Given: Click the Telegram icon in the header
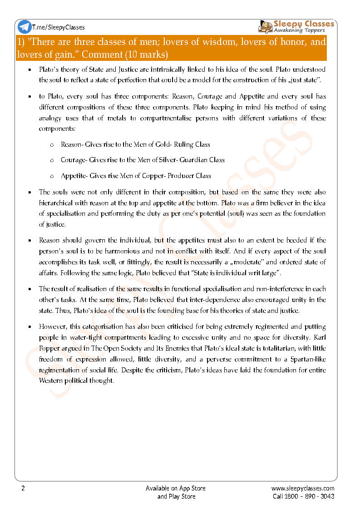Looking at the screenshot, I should pyautogui.click(x=25, y=27).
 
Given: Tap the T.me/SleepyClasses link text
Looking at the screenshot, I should pyautogui.click(x=59, y=27).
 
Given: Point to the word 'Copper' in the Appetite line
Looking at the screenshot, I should pyautogui.click(x=159, y=176).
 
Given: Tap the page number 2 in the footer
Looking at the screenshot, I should pyautogui.click(x=23, y=488).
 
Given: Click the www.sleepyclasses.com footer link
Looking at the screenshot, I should pyautogui.click(x=303, y=488).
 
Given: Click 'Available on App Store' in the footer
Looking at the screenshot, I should pyautogui.click(x=176, y=488).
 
